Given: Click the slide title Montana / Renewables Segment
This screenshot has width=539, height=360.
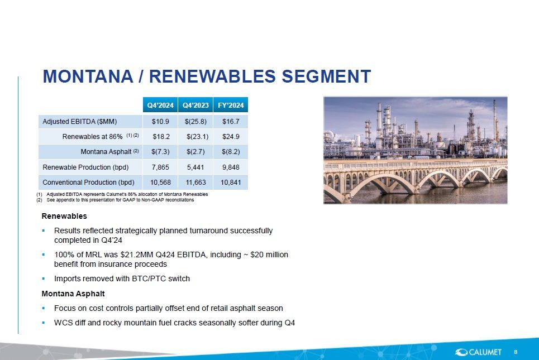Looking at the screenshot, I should click(x=207, y=76).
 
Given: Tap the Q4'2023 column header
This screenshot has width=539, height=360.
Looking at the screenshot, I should click(x=195, y=105).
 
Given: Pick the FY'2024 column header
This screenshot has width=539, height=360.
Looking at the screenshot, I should click(x=231, y=105).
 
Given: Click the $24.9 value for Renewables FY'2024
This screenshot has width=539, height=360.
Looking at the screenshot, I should click(x=231, y=137).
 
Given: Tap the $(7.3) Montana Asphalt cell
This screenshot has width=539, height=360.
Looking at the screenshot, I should click(x=161, y=152).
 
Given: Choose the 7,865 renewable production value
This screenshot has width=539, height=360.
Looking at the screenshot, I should click(x=161, y=167).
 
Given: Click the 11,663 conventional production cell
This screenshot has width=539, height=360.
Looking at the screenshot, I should click(x=195, y=182).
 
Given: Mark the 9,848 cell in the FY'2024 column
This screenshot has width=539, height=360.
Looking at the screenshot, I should click(x=231, y=167).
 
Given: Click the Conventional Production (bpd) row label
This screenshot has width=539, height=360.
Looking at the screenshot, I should click(x=89, y=182).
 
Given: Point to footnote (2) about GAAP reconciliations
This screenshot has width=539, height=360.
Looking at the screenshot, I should click(x=120, y=200).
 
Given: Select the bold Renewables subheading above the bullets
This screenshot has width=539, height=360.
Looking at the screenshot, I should click(x=64, y=216).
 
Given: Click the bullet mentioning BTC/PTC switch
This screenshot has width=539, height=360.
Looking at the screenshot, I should click(x=122, y=279).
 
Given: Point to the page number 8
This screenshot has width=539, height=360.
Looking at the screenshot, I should click(x=516, y=351).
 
